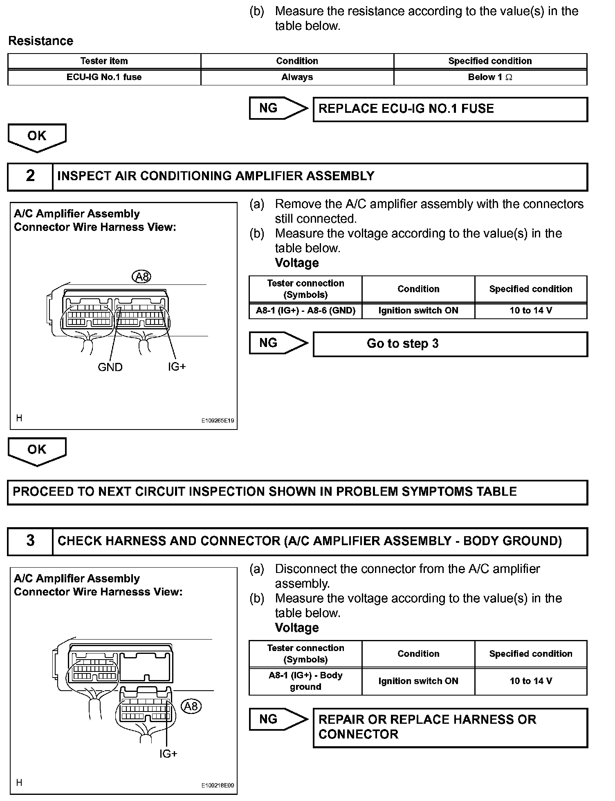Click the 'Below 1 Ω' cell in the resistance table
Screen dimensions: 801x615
[490, 77]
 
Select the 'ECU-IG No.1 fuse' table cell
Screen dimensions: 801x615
[104, 77]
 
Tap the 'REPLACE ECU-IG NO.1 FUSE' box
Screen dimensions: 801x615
[450, 109]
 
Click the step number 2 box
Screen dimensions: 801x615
[30, 176]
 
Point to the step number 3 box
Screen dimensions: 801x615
[30, 541]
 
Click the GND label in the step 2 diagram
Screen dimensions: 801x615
[110, 367]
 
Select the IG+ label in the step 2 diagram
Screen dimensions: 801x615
[177, 367]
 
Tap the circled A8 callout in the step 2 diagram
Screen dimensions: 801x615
[141, 277]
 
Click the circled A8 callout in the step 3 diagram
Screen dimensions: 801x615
[191, 706]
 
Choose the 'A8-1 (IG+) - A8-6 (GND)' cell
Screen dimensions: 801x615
[305, 311]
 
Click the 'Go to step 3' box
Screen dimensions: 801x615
[450, 344]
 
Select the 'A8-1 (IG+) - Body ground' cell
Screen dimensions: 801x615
[305, 681]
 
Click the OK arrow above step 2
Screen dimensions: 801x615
[37, 137]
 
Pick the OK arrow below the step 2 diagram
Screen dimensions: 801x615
[37, 450]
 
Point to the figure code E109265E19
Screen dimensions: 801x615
[218, 421]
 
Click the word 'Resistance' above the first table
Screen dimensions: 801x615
[41, 41]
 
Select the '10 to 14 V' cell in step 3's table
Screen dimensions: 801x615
[531, 681]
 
